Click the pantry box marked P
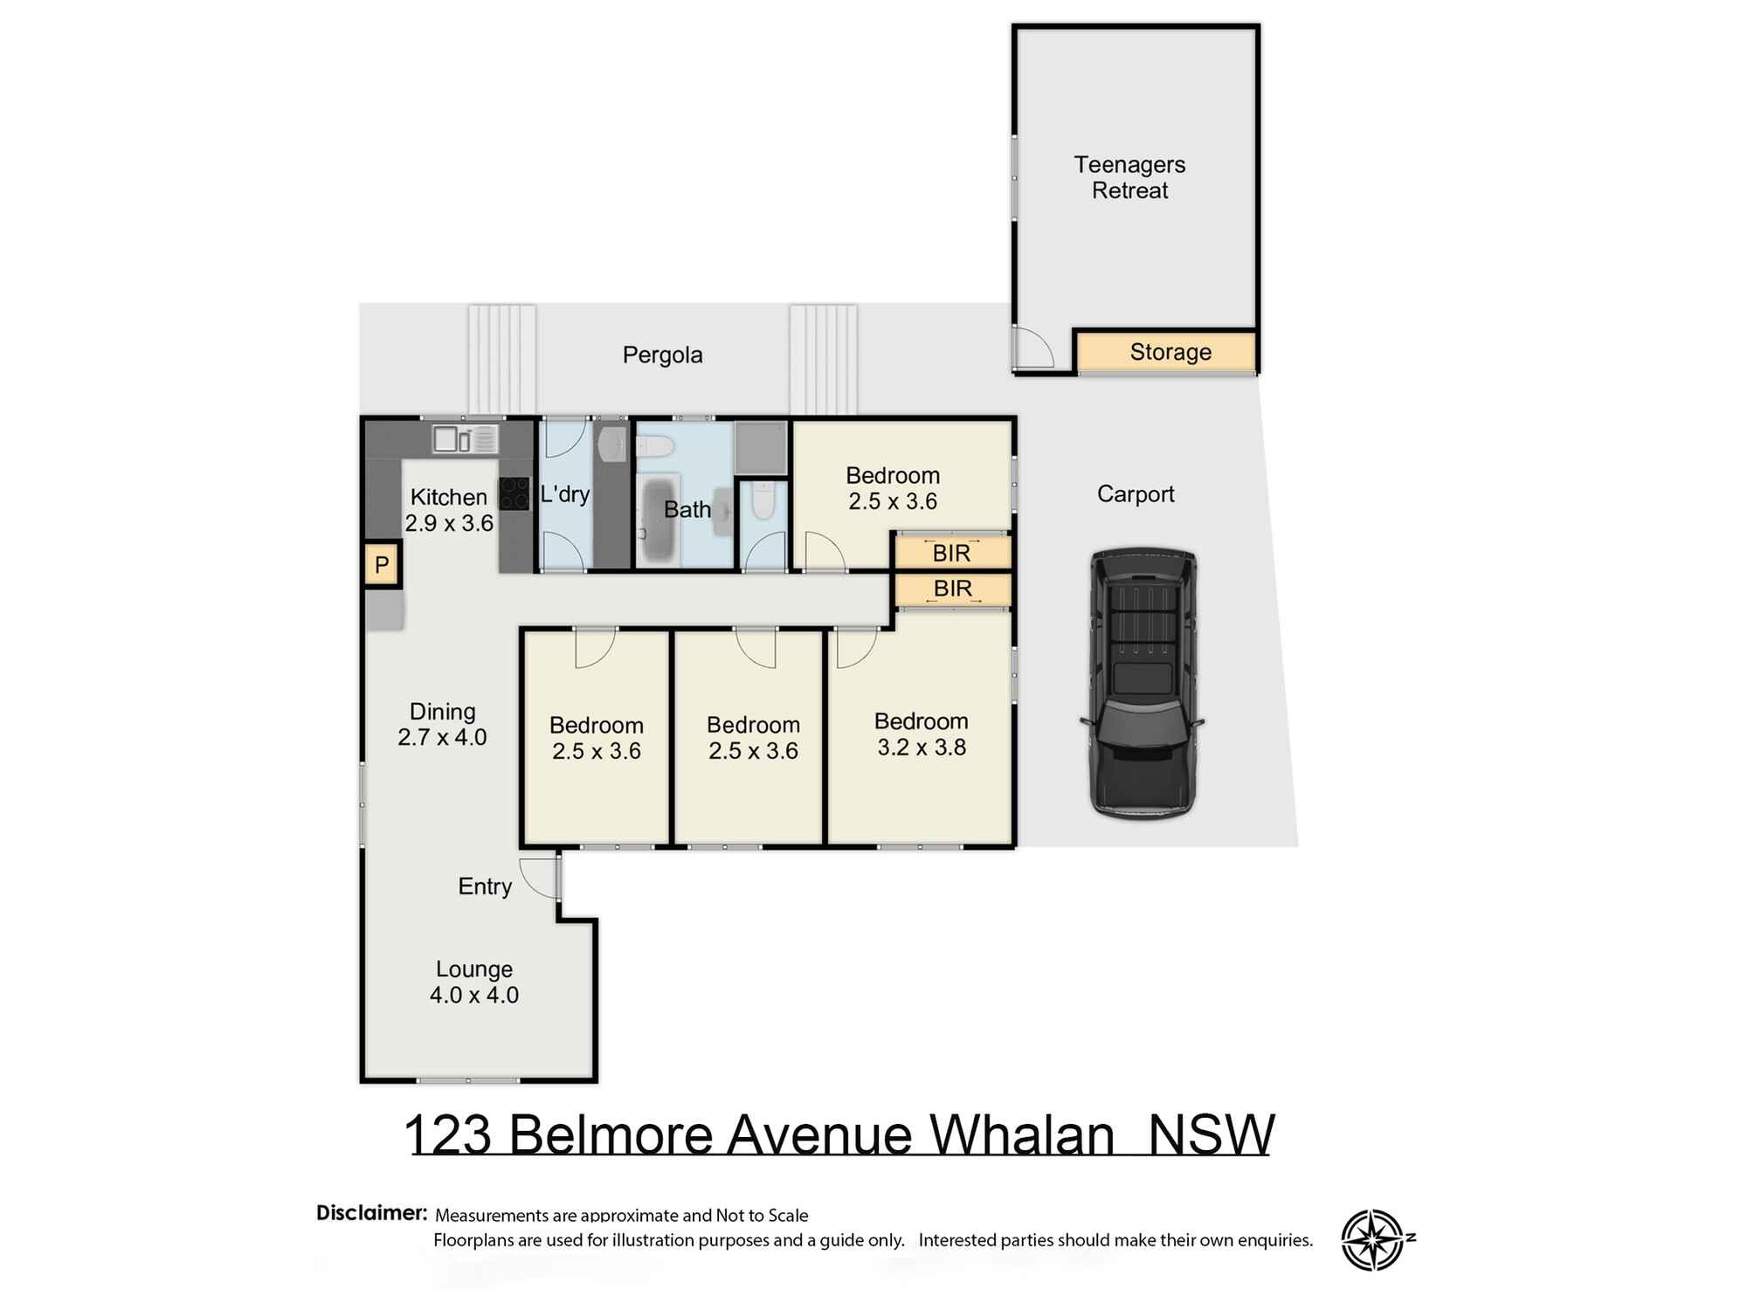(x=382, y=564)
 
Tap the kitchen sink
(x=464, y=438)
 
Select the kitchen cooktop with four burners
(x=514, y=493)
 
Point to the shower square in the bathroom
(x=761, y=447)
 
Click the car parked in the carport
(x=1143, y=683)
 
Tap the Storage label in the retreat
(x=1170, y=352)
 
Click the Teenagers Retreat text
(x=1129, y=177)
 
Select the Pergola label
(x=662, y=355)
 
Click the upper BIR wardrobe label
(x=951, y=553)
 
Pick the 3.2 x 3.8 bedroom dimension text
(x=922, y=748)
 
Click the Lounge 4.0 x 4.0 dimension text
(x=473, y=995)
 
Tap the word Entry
(x=485, y=886)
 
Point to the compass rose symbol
(x=1373, y=1239)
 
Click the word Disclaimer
(x=371, y=1212)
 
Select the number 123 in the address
(x=448, y=1134)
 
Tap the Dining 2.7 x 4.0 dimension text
(x=442, y=737)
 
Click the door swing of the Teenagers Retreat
(x=1032, y=348)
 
